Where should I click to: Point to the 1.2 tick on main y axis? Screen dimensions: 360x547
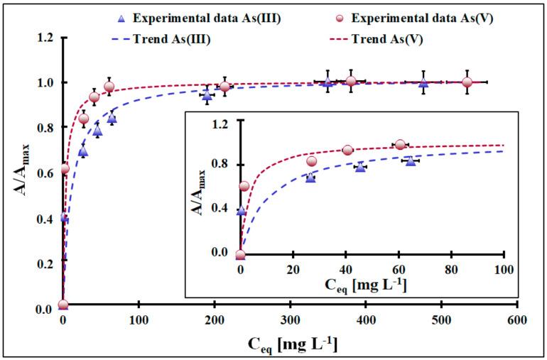pyautogui.click(x=46, y=37)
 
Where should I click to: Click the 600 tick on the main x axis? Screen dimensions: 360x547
pyautogui.click(x=517, y=320)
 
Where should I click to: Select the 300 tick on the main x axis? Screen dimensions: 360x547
pyautogui.click(x=290, y=320)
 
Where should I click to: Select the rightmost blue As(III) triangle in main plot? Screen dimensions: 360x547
pyautogui.click(x=423, y=82)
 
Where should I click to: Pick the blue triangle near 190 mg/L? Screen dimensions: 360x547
pyautogui.click(x=207, y=94)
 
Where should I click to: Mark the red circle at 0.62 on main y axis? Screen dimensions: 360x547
pyautogui.click(x=65, y=168)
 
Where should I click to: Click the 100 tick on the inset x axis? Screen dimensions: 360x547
pyautogui.click(x=503, y=270)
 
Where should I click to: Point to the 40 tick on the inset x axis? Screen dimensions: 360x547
pyautogui.click(x=345, y=270)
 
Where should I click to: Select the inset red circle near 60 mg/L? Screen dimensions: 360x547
pyautogui.click(x=400, y=145)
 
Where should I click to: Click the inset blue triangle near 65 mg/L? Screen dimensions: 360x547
pyautogui.click(x=410, y=161)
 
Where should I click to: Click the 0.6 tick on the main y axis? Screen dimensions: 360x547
pyautogui.click(x=46, y=173)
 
